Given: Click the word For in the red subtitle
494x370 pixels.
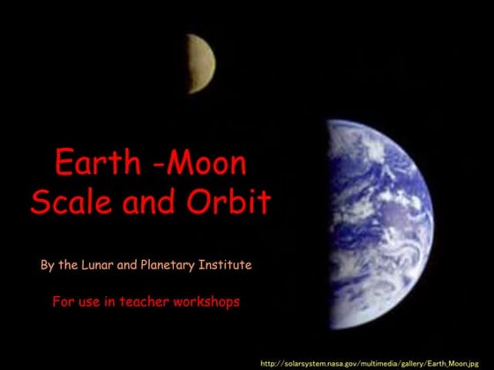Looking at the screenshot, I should [x=64, y=301].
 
